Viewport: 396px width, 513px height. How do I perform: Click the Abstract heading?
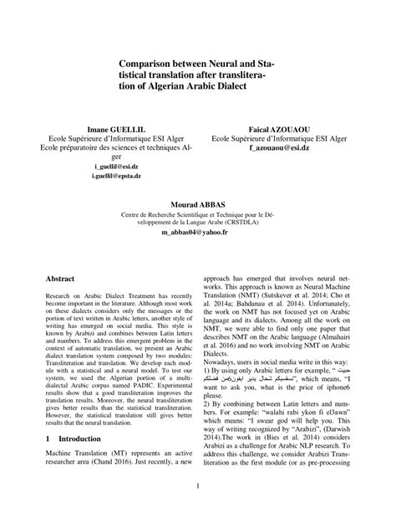[60, 276]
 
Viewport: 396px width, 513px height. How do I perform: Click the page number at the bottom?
[198, 485]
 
